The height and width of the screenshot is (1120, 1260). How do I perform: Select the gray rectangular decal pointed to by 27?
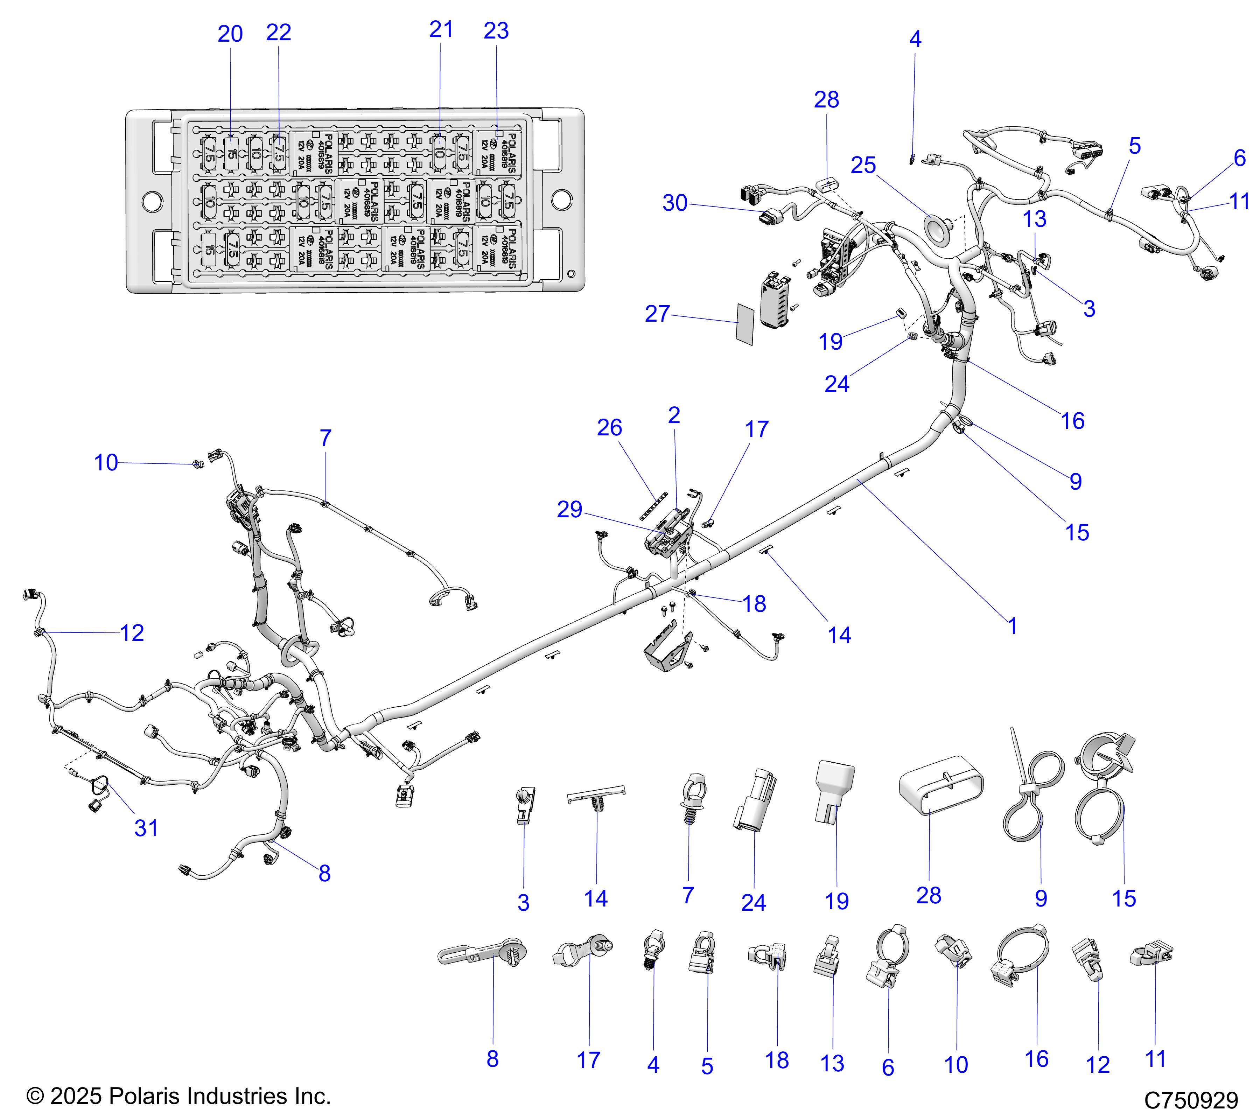(745, 324)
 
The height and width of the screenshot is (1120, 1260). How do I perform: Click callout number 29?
(569, 509)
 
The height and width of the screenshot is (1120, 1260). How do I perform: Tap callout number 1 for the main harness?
(1012, 626)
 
